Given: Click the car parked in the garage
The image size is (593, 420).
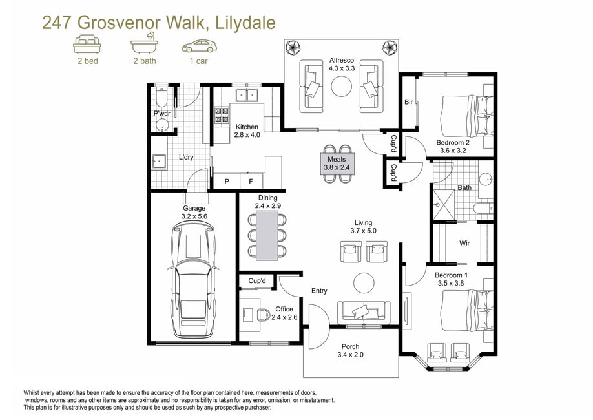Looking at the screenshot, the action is point(193,279).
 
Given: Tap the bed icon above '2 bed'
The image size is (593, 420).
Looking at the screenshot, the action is point(87,44).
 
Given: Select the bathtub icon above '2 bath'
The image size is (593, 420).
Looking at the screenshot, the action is point(145,43).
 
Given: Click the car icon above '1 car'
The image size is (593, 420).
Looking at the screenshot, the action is point(200,46).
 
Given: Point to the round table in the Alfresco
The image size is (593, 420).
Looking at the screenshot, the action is point(342,87).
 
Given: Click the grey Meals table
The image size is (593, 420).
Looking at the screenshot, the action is point(337,163).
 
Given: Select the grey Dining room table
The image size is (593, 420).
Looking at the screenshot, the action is point(267,235).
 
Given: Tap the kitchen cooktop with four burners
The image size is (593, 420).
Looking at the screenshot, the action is point(222,116).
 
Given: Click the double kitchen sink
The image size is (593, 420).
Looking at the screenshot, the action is point(247,95).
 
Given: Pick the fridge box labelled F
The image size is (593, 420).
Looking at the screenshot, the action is point(251,181).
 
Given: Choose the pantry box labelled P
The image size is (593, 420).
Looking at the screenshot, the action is point(227,181).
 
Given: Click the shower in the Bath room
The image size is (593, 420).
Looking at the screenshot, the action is point(444,205).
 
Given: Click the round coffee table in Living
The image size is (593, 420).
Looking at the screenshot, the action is point(364,282).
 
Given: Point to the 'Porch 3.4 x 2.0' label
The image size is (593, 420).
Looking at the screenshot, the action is point(351,350).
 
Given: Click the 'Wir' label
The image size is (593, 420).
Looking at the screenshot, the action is point(464,243).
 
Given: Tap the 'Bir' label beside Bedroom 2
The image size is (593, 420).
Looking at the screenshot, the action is point(408,102).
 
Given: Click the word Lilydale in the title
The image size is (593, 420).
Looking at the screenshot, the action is point(245,23).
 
